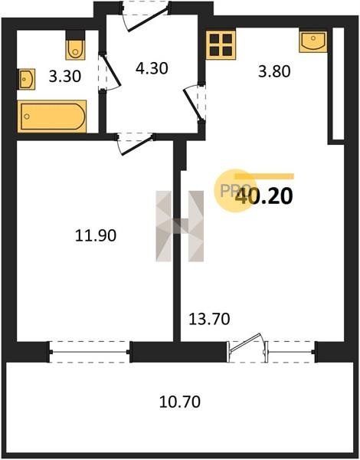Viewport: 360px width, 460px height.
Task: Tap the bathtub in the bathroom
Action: [x=52, y=117]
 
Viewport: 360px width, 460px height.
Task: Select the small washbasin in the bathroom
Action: [x=27, y=79]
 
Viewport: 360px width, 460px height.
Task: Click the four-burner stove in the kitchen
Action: [x=221, y=45]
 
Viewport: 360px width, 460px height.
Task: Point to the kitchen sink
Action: [x=313, y=41]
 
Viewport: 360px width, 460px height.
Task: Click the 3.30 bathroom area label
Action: [x=65, y=77]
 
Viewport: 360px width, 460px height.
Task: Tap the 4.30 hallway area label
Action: [x=152, y=68]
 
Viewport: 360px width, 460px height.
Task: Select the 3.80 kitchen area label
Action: [x=274, y=71]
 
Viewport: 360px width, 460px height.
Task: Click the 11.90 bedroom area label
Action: [x=96, y=235]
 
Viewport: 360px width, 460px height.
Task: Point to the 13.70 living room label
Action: [x=209, y=319]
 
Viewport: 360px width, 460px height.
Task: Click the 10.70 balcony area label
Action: [x=180, y=402]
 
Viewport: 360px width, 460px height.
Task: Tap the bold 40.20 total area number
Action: [x=264, y=196]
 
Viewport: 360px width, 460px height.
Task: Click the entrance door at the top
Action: [x=146, y=16]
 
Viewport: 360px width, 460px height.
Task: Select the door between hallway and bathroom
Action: [x=110, y=72]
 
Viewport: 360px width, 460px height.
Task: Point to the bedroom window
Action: [x=90, y=352]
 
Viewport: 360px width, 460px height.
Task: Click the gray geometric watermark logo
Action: [x=180, y=226]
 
